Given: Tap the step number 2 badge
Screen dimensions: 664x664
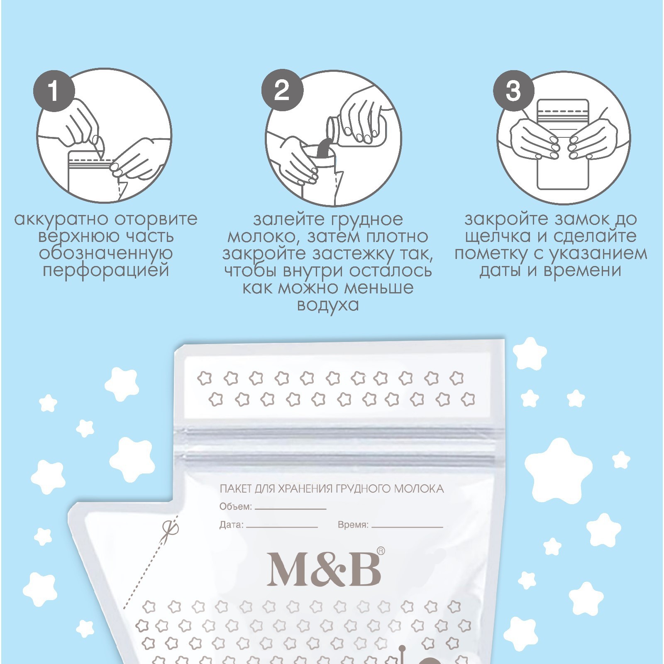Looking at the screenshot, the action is [x=282, y=90].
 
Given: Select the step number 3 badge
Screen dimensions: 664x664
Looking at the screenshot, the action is [x=514, y=90].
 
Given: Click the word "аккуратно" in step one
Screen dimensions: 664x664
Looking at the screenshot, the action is [x=61, y=219].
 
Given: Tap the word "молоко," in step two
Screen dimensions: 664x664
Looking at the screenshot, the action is [x=266, y=237].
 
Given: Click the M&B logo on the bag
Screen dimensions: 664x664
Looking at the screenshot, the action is [x=324, y=570].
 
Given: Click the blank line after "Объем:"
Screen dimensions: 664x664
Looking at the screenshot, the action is [x=290, y=508].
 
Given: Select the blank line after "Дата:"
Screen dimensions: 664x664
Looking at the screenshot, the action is [x=282, y=527].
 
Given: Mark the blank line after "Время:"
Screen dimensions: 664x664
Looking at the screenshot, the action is [x=408, y=527].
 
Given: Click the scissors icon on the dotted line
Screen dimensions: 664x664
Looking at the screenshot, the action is [x=171, y=530].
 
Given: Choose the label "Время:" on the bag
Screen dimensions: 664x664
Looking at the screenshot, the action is [x=353, y=525].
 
